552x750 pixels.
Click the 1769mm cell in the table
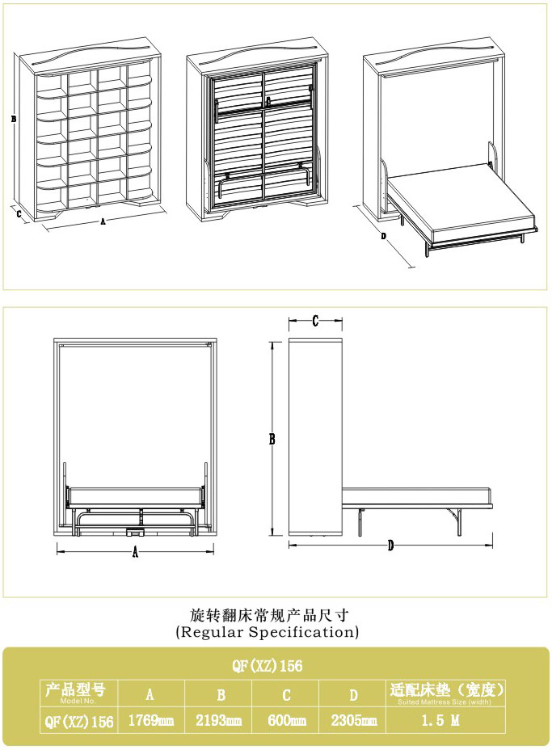(x=150, y=720)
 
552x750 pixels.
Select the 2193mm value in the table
(x=218, y=720)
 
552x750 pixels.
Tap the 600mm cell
(x=287, y=720)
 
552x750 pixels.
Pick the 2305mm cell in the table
(x=354, y=720)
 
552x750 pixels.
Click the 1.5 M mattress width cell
(x=440, y=720)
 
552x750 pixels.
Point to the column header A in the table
(x=150, y=694)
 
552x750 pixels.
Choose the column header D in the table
(x=353, y=695)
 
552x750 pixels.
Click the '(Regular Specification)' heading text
(x=268, y=632)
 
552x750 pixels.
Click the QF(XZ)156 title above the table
(x=268, y=665)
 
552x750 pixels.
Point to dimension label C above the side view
(x=314, y=322)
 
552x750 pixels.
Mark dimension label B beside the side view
(x=272, y=439)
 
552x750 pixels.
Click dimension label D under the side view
(x=390, y=546)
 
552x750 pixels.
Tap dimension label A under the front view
(x=135, y=553)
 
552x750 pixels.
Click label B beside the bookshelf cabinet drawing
(x=14, y=119)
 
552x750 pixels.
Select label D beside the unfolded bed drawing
(x=383, y=236)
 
